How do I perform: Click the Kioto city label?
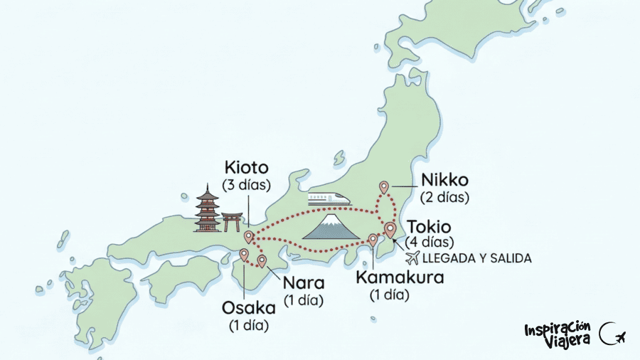point(247,169)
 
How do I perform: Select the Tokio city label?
point(428,227)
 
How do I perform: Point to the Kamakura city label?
point(399,277)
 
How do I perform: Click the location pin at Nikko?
point(384,187)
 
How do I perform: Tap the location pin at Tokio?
point(390,229)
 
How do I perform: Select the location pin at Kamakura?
point(373,240)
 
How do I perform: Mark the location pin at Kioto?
point(248,236)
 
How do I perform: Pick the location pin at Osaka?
point(244,254)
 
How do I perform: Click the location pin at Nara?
point(262,260)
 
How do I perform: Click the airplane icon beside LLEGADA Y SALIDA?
point(412,258)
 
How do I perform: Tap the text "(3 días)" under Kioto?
point(246,185)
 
